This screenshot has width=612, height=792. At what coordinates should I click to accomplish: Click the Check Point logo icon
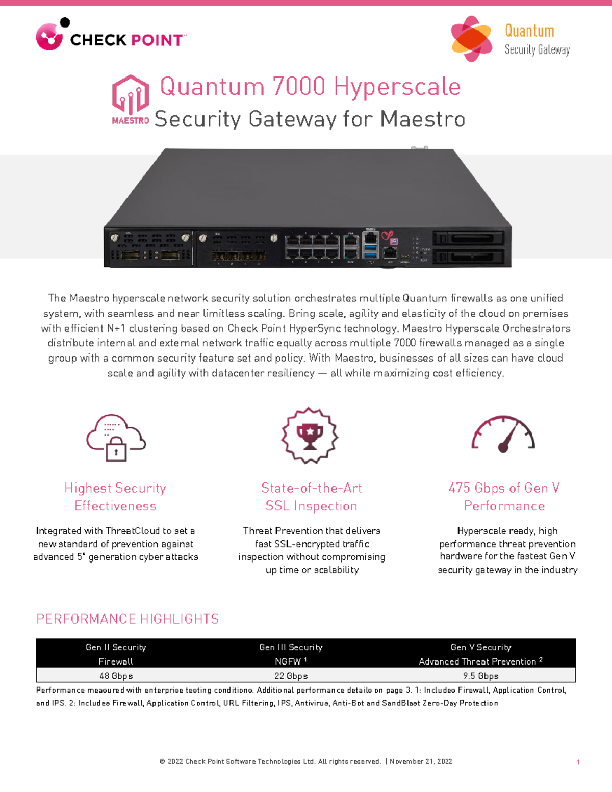(49, 37)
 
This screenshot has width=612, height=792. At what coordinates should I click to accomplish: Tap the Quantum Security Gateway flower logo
(472, 39)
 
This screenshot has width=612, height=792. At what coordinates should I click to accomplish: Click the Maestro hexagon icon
(131, 94)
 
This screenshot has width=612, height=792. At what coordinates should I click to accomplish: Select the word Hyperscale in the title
(397, 87)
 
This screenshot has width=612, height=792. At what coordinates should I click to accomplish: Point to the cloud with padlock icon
(116, 438)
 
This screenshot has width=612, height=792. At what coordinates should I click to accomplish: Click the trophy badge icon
(310, 436)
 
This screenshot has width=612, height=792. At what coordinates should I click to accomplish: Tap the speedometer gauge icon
(503, 435)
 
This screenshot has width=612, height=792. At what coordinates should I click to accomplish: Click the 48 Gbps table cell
(116, 676)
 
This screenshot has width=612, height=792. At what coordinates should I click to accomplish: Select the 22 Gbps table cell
(291, 676)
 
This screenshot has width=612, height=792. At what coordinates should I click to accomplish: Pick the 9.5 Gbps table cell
(480, 676)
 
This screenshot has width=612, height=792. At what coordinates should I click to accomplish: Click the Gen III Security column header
(291, 647)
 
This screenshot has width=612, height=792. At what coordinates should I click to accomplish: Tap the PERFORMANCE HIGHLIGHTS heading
(127, 619)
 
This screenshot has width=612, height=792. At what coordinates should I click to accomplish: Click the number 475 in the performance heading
(459, 488)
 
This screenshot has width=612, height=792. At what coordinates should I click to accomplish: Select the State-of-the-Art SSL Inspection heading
(311, 497)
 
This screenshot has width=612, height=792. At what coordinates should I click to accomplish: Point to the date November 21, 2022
(421, 761)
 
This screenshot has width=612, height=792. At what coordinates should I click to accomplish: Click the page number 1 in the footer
(578, 762)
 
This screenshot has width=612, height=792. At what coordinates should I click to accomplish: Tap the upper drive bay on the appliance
(468, 238)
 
